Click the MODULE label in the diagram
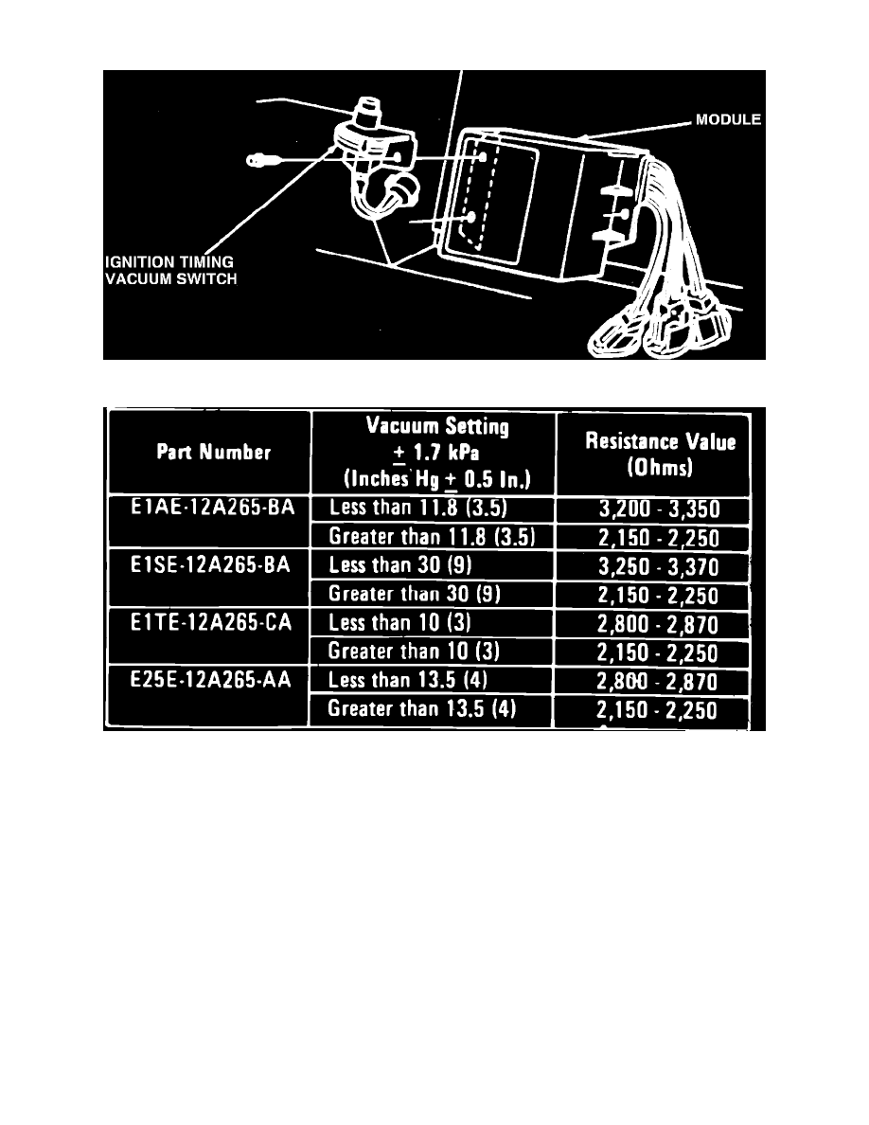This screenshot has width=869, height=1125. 728,120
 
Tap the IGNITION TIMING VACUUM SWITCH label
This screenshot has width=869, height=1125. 170,271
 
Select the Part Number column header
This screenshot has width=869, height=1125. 214,452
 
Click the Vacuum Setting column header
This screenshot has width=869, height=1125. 437,453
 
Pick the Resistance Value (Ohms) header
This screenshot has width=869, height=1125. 661,455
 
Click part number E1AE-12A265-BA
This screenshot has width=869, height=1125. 212,508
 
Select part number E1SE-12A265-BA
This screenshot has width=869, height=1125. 210,564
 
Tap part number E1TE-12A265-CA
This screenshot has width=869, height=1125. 211,622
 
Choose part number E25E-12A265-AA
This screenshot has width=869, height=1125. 210,679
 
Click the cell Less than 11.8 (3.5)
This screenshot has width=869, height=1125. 418,508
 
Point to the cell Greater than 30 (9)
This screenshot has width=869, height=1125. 415,594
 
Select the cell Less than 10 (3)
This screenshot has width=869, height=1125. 399,623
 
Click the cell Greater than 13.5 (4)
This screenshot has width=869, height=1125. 421,709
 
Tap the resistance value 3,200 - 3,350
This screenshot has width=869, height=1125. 659,509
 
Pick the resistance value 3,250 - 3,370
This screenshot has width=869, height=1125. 658,567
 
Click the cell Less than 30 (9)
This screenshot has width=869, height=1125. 400,565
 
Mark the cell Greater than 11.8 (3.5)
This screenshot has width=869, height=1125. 432,537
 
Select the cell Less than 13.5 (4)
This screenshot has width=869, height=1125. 407,680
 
